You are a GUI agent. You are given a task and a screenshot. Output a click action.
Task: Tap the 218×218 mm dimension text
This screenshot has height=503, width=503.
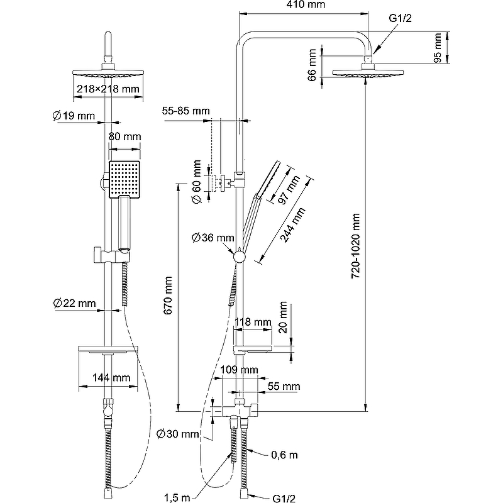(x=108, y=89)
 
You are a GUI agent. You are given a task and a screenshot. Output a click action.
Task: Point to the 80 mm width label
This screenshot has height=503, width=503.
(x=124, y=136)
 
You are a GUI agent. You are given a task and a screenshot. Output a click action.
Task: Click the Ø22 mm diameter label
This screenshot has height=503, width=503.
(x=75, y=303)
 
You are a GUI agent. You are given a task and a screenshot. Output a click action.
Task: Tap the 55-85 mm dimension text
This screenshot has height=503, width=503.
(x=185, y=111)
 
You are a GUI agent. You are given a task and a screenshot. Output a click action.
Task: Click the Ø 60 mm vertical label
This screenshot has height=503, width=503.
(x=197, y=182)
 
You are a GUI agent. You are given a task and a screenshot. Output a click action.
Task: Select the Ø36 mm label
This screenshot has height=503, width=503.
(x=213, y=237)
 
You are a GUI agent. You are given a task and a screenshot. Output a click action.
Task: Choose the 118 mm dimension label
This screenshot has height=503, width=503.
(x=251, y=322)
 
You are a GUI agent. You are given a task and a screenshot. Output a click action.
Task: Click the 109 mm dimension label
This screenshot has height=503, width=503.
(x=241, y=369)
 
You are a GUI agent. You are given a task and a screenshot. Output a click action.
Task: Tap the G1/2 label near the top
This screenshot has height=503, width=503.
(x=400, y=19)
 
